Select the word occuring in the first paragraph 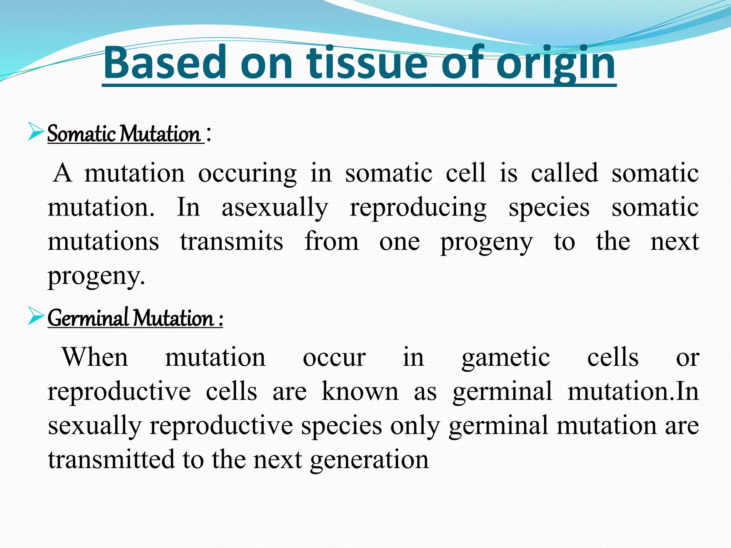pos(247,174)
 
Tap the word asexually pos(274,208)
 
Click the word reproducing pos(418,208)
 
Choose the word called pos(564,173)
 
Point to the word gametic pos(505,358)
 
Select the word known pos(360,391)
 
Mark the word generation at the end pos(369,460)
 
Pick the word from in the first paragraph pos(331,242)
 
